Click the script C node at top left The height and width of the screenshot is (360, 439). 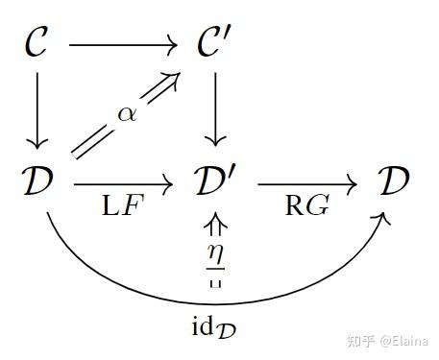(x=37, y=45)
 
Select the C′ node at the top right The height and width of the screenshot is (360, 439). (x=216, y=45)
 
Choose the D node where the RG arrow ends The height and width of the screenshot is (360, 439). (x=393, y=180)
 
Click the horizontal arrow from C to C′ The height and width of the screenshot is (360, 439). (x=125, y=44)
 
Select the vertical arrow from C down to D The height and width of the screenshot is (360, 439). (x=37, y=112)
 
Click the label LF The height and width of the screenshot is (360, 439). (x=124, y=205)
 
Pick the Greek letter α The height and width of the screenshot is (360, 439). (x=127, y=113)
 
